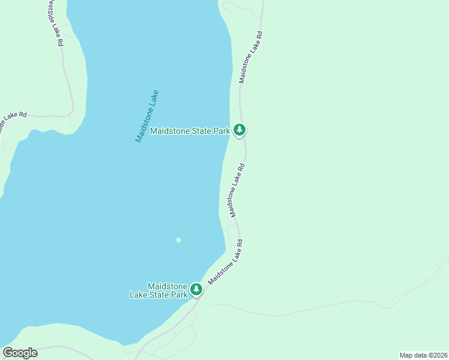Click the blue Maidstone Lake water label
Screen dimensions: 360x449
click(x=147, y=116)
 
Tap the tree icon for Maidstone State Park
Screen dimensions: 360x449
click(x=240, y=129)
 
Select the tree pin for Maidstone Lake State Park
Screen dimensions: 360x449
click(x=196, y=290)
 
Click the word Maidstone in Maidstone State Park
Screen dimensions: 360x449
click(x=170, y=131)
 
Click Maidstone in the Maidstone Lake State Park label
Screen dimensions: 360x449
click(x=167, y=286)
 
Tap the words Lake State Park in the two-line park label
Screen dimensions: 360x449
click(x=159, y=295)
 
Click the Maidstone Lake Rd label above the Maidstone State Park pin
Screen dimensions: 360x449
click(x=250, y=58)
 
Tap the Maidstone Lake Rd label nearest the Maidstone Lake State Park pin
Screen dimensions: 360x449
click(x=225, y=263)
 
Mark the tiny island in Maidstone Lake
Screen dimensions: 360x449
click(x=178, y=240)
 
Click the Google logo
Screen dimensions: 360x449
click(x=20, y=353)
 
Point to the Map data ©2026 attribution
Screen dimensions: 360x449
click(x=423, y=355)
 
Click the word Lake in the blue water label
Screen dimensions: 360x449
click(x=154, y=98)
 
